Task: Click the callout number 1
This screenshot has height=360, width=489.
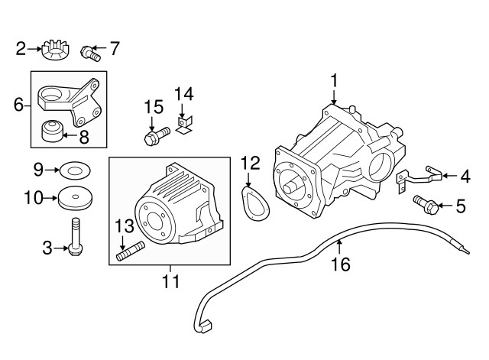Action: pyautogui.click(x=334, y=80)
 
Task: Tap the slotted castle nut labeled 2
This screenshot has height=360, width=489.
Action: pyautogui.click(x=56, y=50)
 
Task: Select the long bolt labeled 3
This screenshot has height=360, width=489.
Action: pyautogui.click(x=76, y=237)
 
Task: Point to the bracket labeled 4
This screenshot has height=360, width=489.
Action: pyautogui.click(x=419, y=179)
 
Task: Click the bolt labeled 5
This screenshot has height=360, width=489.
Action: pyautogui.click(x=426, y=204)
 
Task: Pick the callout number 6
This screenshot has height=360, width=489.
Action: pyautogui.click(x=18, y=105)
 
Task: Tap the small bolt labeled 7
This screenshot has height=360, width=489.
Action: pyautogui.click(x=91, y=54)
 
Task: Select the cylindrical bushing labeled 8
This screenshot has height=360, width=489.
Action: pyautogui.click(x=53, y=131)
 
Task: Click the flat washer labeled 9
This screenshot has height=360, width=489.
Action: pyautogui.click(x=75, y=170)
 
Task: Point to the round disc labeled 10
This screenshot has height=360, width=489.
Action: pyautogui.click(x=76, y=199)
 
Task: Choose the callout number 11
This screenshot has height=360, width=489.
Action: pyautogui.click(x=171, y=281)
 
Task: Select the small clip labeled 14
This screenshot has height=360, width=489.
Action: pyautogui.click(x=184, y=125)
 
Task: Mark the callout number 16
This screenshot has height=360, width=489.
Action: pyautogui.click(x=341, y=264)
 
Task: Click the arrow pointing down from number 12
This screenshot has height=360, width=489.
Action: pyautogui.click(x=248, y=180)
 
